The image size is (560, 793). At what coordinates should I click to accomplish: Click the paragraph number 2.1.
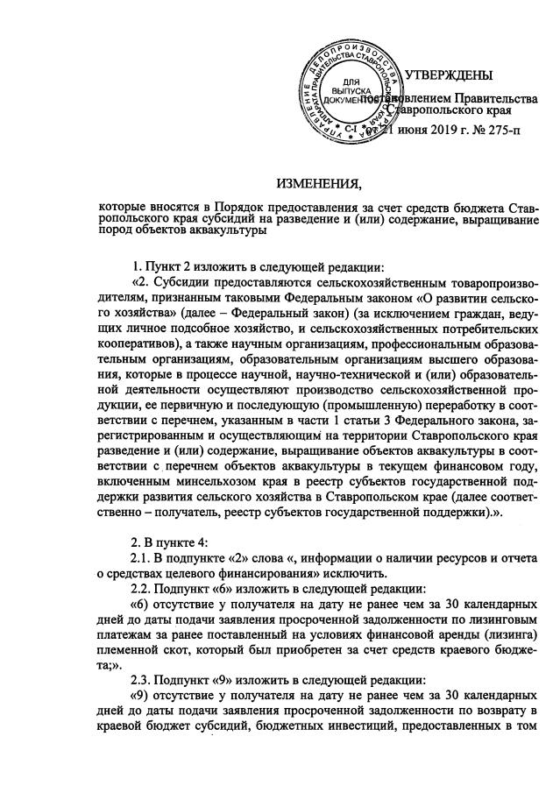coord(138,559)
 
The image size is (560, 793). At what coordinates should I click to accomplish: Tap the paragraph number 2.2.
coord(138,589)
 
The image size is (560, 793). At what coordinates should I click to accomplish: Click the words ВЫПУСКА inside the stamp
coord(351,92)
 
